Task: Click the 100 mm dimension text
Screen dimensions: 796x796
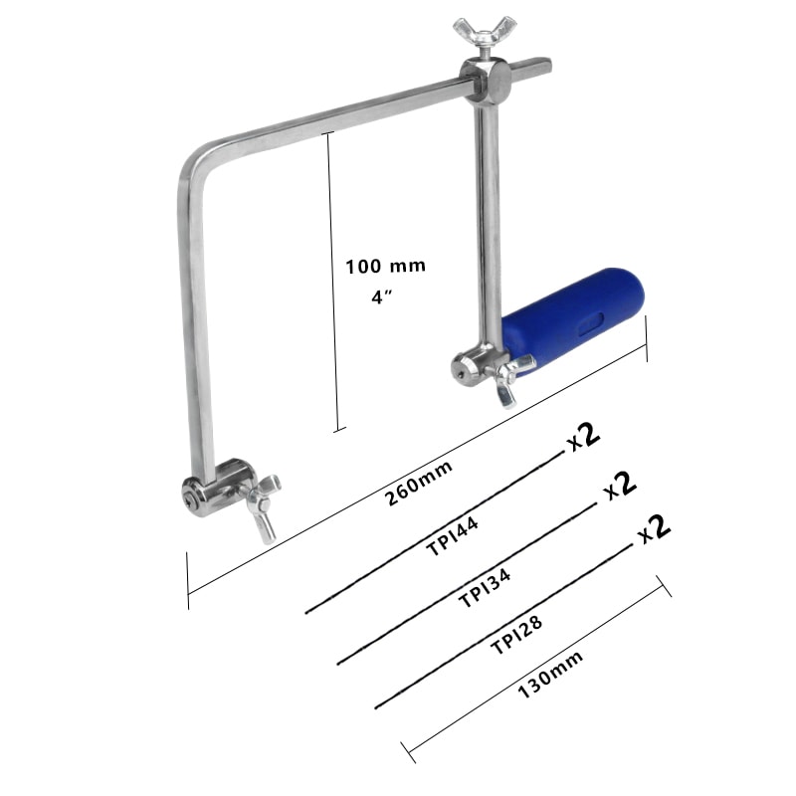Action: [385, 267]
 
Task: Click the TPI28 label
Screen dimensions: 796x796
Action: [517, 634]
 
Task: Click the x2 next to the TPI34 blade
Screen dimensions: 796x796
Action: [618, 486]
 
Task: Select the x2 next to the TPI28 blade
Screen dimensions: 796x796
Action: [654, 528]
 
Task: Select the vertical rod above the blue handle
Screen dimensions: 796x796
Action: [487, 219]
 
